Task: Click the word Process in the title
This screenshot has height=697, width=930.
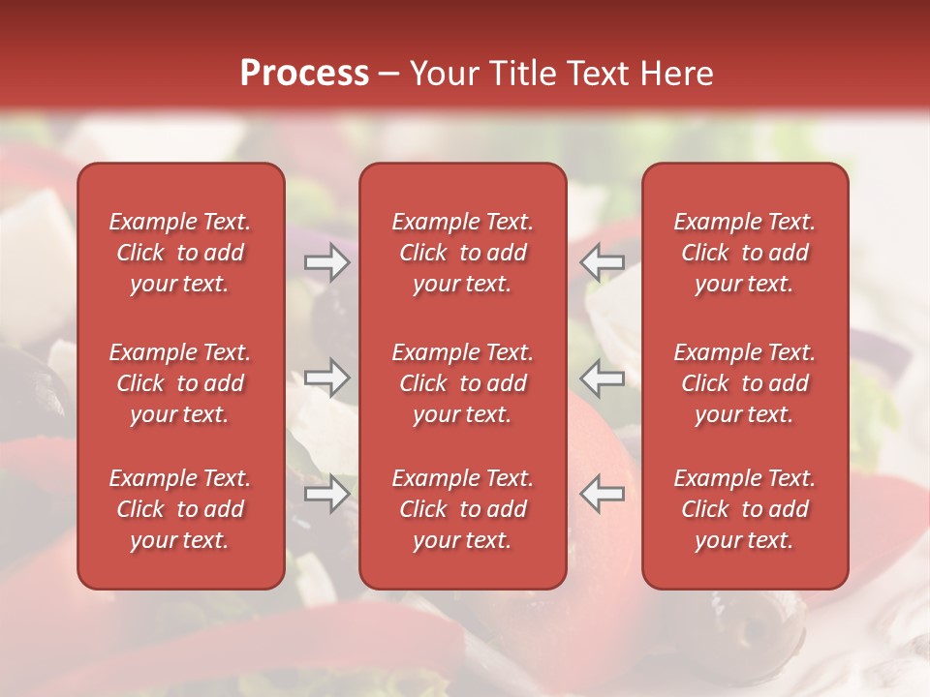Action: [304, 74]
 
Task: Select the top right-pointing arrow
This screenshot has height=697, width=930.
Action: [326, 262]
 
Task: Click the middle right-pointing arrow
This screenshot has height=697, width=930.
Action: [326, 378]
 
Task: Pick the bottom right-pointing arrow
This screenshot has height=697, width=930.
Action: [326, 494]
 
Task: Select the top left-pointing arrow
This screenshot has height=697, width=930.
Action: [603, 262]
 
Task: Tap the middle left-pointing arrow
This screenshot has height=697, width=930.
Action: [603, 378]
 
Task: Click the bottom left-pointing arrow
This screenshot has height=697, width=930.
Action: [603, 494]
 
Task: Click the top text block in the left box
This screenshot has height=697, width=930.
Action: [180, 253]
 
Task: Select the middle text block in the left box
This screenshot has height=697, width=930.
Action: [180, 383]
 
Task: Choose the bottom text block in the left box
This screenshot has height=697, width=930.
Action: [180, 509]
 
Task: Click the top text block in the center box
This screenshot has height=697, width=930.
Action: [462, 253]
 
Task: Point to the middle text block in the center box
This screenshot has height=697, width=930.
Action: [462, 383]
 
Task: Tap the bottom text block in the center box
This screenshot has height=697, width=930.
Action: [462, 509]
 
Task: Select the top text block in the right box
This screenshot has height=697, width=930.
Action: [744, 253]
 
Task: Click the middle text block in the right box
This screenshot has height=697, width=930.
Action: [744, 383]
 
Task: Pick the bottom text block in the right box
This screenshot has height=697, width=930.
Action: [744, 509]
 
